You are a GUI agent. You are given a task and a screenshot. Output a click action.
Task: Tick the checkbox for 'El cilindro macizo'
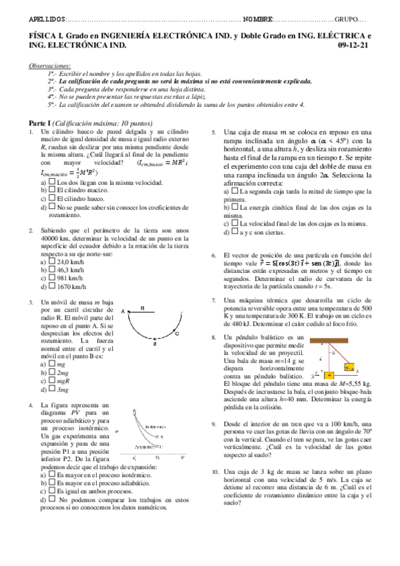pyautogui.click(x=52, y=190)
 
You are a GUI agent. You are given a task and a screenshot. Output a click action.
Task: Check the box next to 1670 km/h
pyautogui.click(x=52, y=286)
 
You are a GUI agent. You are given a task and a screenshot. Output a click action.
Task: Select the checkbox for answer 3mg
pyautogui.click(x=52, y=389)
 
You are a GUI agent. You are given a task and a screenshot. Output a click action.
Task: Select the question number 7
pyautogui.click(x=214, y=301)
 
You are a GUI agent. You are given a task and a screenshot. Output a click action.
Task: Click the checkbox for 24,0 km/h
pyautogui.click(x=52, y=262)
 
